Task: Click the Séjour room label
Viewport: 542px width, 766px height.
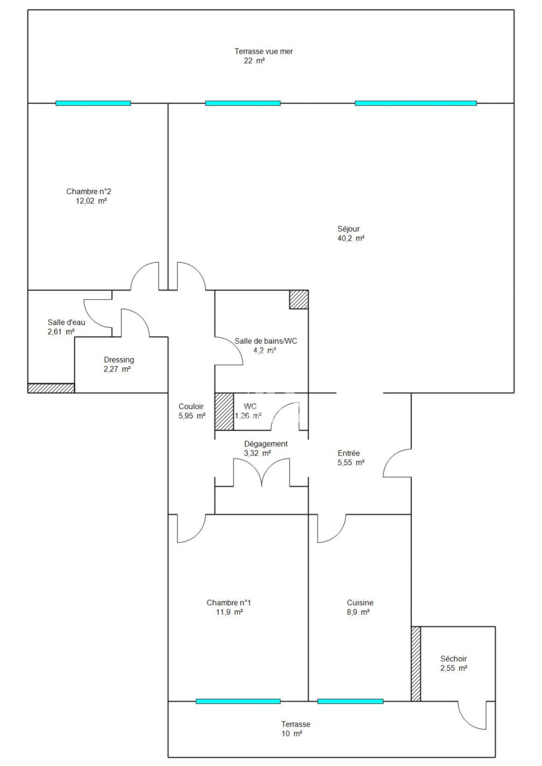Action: click(x=348, y=229)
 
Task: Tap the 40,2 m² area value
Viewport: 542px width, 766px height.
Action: click(x=350, y=238)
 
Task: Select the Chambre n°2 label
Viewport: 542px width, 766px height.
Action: click(x=88, y=191)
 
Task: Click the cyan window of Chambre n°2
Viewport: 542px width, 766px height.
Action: click(x=93, y=103)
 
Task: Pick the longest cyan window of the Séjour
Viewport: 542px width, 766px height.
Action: click(x=415, y=103)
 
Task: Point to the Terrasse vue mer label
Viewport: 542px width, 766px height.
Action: click(x=263, y=51)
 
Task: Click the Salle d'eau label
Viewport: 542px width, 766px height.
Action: click(x=66, y=322)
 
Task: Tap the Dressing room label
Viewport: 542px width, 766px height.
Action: click(x=119, y=360)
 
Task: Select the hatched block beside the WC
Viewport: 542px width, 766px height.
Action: click(x=224, y=411)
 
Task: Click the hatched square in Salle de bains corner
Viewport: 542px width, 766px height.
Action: click(x=298, y=299)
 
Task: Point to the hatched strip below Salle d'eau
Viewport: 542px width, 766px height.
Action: click(x=51, y=388)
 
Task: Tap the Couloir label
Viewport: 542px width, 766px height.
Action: click(x=191, y=407)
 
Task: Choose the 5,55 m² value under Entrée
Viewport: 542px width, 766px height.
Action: click(x=350, y=463)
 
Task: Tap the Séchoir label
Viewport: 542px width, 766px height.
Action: click(x=453, y=659)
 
